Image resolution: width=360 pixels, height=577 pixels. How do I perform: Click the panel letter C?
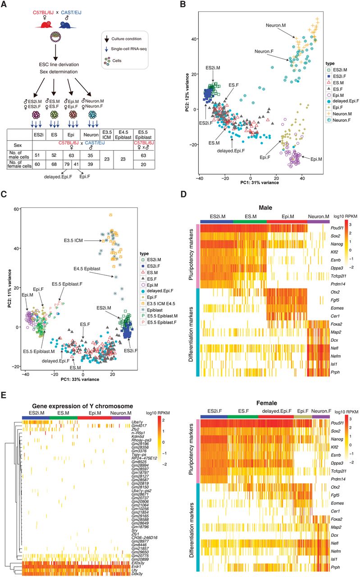5,196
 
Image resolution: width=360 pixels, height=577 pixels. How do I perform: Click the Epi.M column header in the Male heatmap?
286,215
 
